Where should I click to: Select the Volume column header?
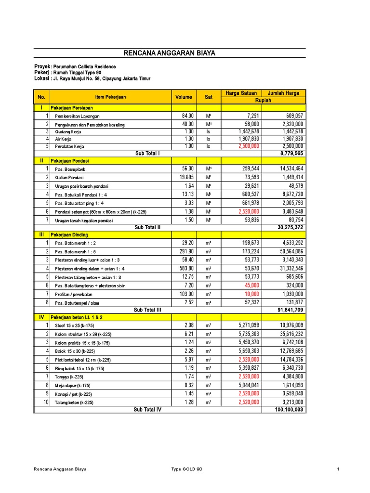(x=184, y=97)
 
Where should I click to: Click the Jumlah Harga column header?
(x=283, y=93)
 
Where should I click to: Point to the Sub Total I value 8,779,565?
(x=291, y=153)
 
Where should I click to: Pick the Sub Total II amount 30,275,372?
(x=289, y=227)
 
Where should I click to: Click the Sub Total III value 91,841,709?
(x=289, y=310)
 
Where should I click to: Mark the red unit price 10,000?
(x=252, y=294)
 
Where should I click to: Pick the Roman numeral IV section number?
(x=41, y=318)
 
